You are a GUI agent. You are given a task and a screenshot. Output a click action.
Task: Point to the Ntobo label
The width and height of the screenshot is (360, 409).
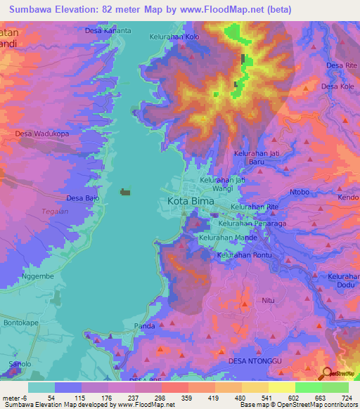click(300, 191)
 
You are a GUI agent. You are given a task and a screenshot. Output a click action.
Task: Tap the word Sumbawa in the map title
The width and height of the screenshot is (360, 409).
click(30, 9)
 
